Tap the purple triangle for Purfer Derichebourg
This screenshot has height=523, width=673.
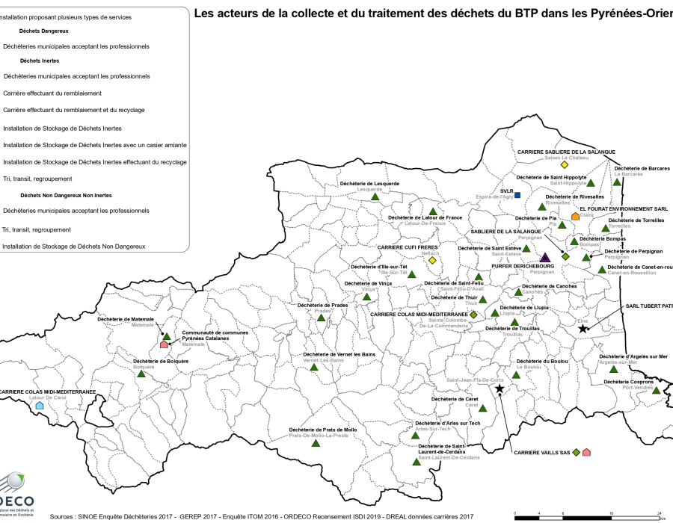pos(545,258)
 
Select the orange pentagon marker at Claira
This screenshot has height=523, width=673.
pos(575,217)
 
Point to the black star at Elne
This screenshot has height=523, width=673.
pos(583,329)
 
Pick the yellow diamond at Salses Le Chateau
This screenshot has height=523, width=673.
pos(565,164)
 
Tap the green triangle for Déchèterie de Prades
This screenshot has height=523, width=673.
pos(321,318)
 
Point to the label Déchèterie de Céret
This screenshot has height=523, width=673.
pos(460,399)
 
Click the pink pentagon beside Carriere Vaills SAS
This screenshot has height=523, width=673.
pos(587,452)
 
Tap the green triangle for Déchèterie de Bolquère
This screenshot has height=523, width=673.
pos(140,374)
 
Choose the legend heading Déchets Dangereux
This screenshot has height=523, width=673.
pos(44,31)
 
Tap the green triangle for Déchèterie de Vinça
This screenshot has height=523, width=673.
pos(366,297)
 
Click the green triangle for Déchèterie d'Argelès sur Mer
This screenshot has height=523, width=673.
pos(613,369)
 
